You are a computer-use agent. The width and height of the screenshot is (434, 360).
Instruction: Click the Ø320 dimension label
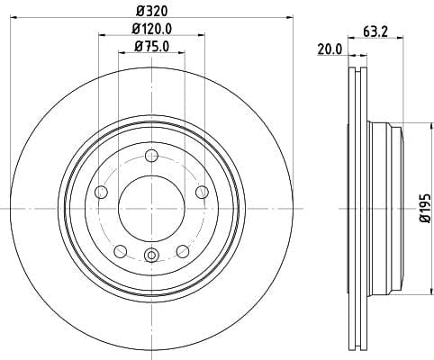[x=151, y=10]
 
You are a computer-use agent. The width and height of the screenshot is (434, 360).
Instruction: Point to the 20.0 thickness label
[x=330, y=49]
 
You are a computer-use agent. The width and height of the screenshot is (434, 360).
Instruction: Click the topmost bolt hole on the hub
[x=150, y=154]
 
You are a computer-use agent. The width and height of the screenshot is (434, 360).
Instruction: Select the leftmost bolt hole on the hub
[x=101, y=192]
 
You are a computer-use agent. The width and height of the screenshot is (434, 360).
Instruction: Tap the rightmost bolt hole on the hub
[x=201, y=191]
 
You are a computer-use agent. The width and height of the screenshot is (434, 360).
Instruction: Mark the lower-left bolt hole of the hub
[x=120, y=250]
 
